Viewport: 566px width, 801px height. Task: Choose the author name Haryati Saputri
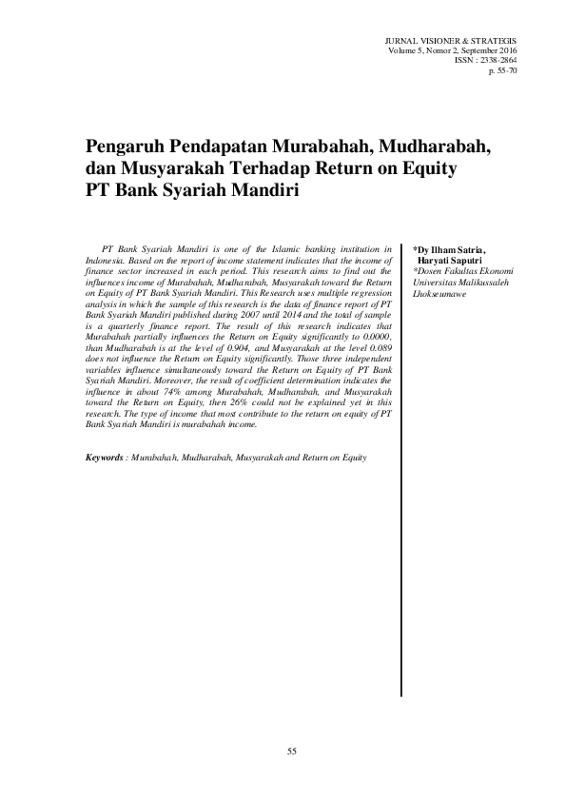point(452,260)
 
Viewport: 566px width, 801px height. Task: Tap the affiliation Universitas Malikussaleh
point(453,282)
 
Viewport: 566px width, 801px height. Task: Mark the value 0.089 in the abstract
point(376,348)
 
